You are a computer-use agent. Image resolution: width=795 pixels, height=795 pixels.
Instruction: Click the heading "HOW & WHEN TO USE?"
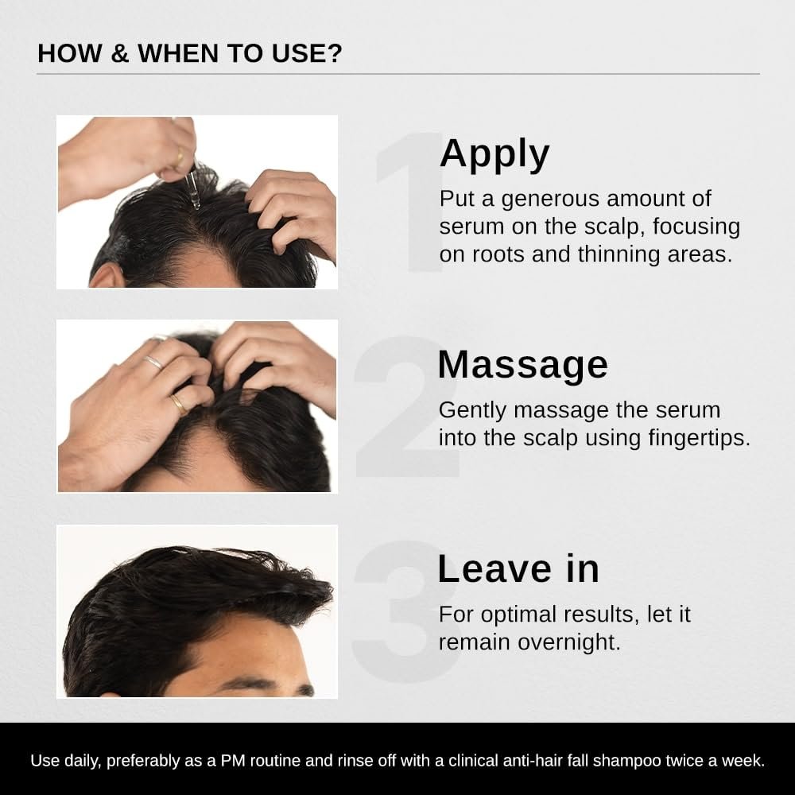(x=190, y=53)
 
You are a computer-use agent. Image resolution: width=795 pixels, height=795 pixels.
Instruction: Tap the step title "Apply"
(x=494, y=153)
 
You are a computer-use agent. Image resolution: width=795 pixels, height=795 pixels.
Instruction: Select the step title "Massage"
(x=522, y=365)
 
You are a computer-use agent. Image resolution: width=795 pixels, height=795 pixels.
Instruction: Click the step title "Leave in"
(x=518, y=569)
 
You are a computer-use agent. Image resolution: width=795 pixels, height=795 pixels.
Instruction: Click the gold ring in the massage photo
(x=179, y=404)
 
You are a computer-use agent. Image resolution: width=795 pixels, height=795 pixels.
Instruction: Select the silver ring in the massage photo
(x=154, y=363)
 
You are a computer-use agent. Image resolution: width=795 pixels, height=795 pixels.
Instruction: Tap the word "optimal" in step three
(x=516, y=615)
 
